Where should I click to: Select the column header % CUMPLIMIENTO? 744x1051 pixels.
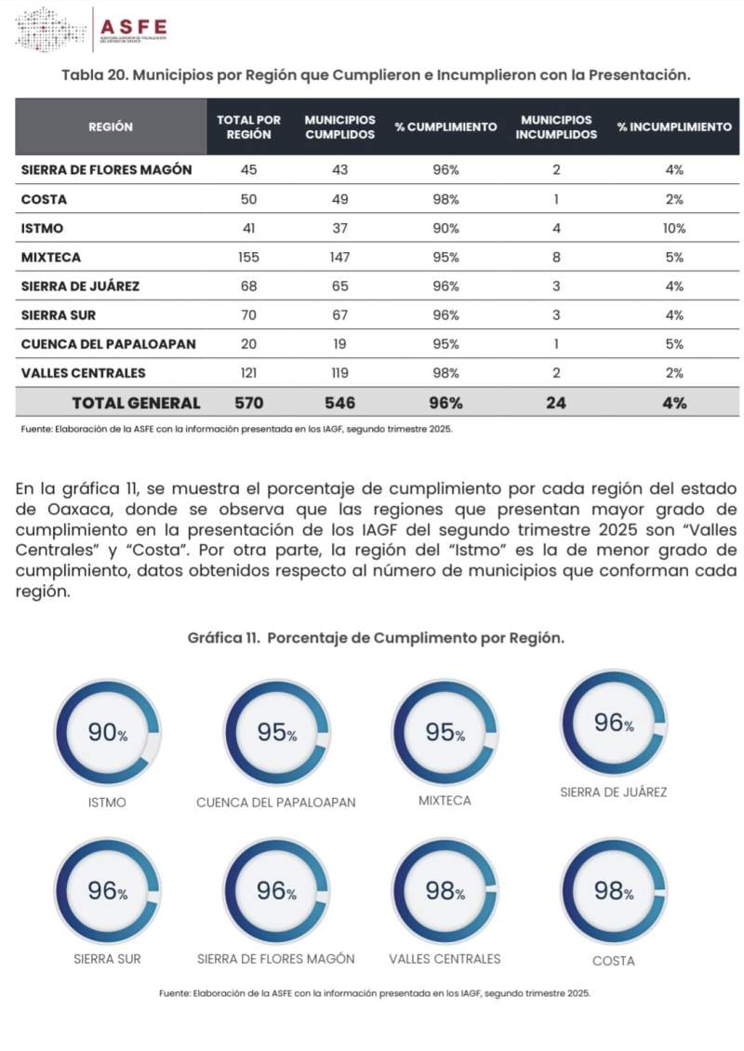coord(445,126)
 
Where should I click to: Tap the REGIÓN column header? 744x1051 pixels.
coord(111,126)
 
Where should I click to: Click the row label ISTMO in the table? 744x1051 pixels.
coord(43,228)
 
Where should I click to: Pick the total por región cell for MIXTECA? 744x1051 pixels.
coord(248,257)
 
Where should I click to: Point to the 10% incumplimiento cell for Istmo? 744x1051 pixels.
coord(674,228)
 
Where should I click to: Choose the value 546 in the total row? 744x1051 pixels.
coord(339,403)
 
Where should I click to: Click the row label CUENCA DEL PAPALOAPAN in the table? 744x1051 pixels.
coord(109,344)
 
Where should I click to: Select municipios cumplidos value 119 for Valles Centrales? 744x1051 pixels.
coord(339,373)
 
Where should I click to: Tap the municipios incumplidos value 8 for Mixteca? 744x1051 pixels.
coord(556,257)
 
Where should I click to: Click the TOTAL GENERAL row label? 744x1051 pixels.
coord(136,403)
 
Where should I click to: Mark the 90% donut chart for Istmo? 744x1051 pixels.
coord(107,732)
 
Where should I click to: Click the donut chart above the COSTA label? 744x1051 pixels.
coord(613,891)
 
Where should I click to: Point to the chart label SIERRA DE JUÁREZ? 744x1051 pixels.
coord(613,792)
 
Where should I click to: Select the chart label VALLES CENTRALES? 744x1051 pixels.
coord(445,959)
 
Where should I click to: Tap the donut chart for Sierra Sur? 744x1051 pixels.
coord(107,891)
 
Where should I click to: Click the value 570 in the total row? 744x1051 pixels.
coord(248,403)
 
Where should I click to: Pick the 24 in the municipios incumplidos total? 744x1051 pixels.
coord(556,403)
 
